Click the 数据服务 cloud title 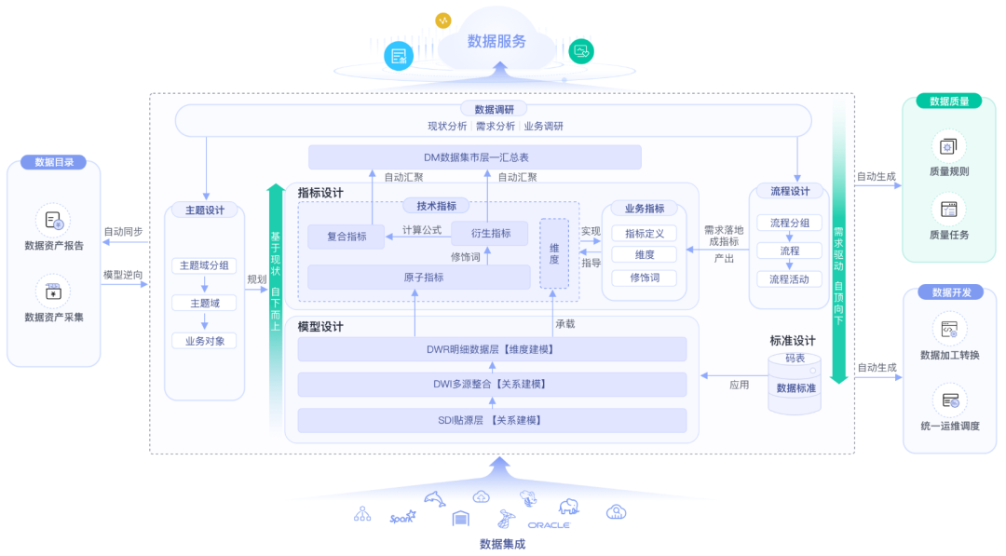(496, 41)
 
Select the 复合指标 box (347, 237)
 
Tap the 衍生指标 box (488, 233)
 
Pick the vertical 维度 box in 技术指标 (554, 253)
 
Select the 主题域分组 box (204, 265)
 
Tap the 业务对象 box (204, 341)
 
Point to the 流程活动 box (789, 278)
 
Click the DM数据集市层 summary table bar (475, 157)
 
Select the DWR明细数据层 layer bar (492, 349)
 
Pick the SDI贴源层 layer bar (492, 420)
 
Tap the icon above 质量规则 (948, 146)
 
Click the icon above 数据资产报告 (53, 221)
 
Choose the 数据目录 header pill (54, 162)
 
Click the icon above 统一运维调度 (949, 400)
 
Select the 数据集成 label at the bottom (502, 544)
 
